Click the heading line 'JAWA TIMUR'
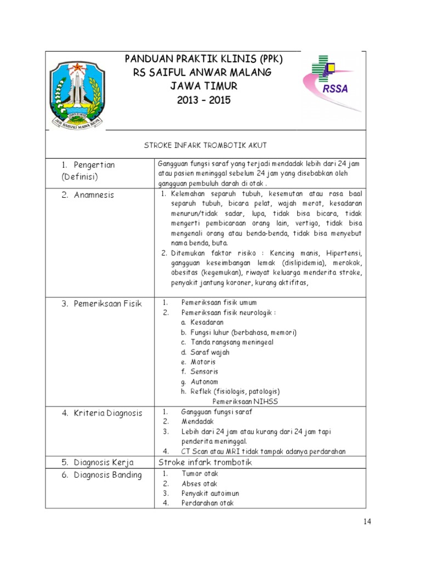204,86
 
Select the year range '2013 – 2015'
204,100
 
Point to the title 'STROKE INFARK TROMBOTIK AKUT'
205,145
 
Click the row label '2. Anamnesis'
88,194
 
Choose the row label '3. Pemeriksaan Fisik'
101,304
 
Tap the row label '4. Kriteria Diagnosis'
101,413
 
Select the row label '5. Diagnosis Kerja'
96,462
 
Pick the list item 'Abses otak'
200,484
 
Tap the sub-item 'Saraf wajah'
210,352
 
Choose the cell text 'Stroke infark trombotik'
204,462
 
